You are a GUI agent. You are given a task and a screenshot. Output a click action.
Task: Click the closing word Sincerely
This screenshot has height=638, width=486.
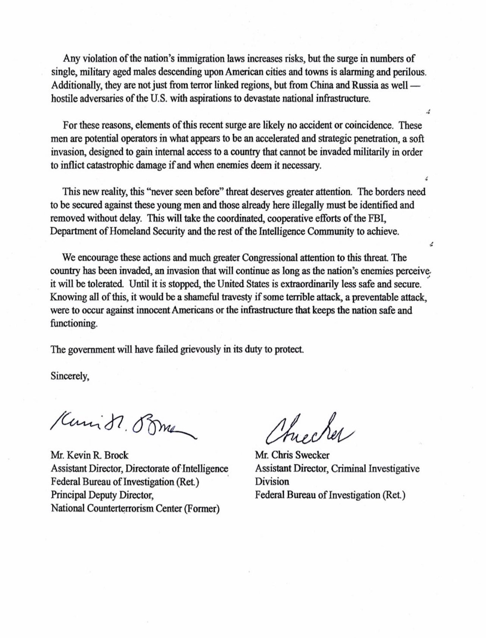[x=70, y=377]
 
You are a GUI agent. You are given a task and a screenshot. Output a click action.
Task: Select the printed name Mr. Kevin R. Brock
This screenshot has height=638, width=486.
[x=90, y=455]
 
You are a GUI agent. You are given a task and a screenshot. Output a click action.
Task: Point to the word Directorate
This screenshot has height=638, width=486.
[x=147, y=468]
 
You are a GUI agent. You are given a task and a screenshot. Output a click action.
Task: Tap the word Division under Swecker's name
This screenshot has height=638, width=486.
[x=272, y=482]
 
